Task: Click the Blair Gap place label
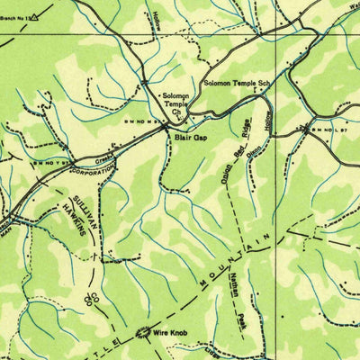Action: click(193, 139)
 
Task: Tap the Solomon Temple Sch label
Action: click(236, 84)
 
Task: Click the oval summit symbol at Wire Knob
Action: click(143, 334)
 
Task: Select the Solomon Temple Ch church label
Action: click(175, 103)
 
